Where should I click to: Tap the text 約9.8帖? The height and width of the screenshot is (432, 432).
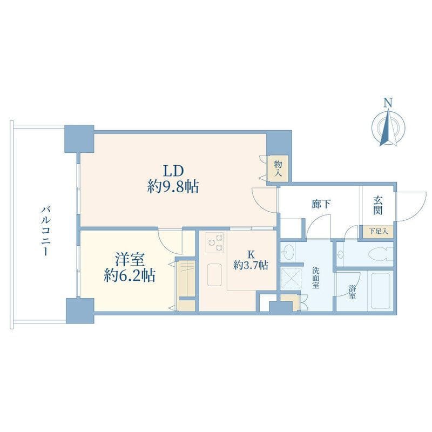pos(173,187)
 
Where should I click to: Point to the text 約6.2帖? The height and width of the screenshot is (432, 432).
pos(130,275)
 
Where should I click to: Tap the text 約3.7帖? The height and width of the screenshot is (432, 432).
pos(251,265)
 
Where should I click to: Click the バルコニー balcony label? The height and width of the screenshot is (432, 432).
pos(45,231)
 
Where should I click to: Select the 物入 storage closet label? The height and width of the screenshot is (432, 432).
pos(278,169)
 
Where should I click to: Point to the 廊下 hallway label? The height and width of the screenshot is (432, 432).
pos(321,204)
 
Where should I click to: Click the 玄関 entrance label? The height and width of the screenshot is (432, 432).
pos(377,205)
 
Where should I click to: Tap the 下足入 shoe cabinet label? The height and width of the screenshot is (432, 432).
pos(379,232)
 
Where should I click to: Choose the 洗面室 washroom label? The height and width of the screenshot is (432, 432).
pos(316,278)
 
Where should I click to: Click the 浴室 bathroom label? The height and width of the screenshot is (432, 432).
pos(352,292)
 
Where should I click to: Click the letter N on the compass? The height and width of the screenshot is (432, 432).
pos(388,103)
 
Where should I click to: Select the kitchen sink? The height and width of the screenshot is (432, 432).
pos(214,275)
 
